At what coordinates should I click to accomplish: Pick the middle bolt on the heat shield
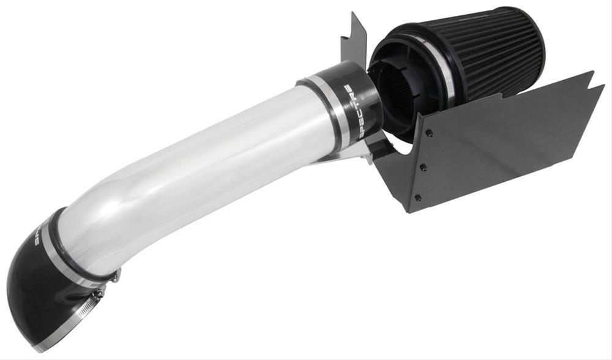[424, 165]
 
